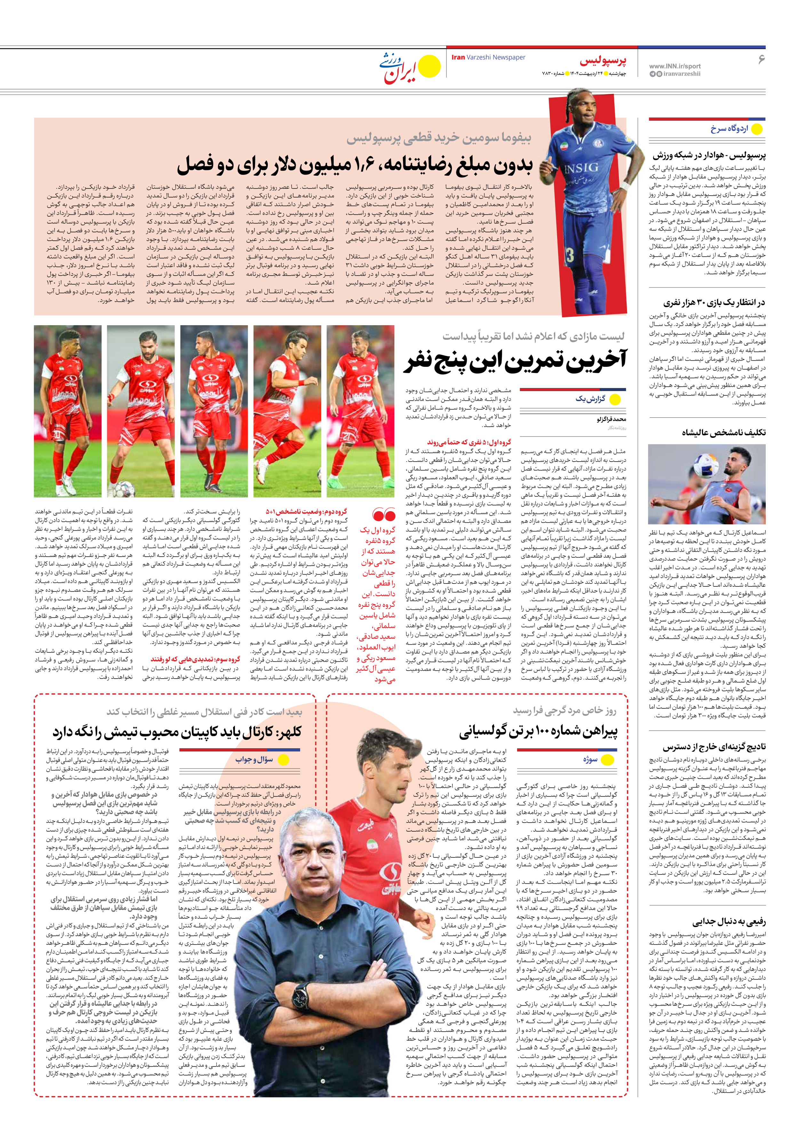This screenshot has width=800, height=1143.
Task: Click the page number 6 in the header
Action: click(x=760, y=59)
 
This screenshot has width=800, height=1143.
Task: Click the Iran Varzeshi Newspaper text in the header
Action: click(x=488, y=57)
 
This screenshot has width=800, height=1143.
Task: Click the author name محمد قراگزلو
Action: click(x=611, y=419)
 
